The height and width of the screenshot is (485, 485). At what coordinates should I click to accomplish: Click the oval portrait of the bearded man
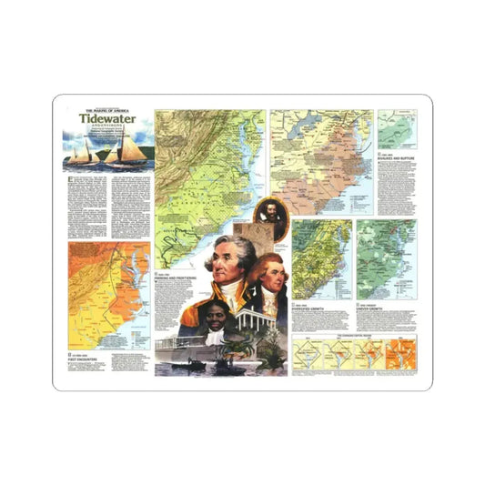pyautogui.click(x=273, y=217)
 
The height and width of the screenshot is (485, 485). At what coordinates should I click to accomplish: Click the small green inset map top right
pyautogui.click(x=398, y=129)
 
